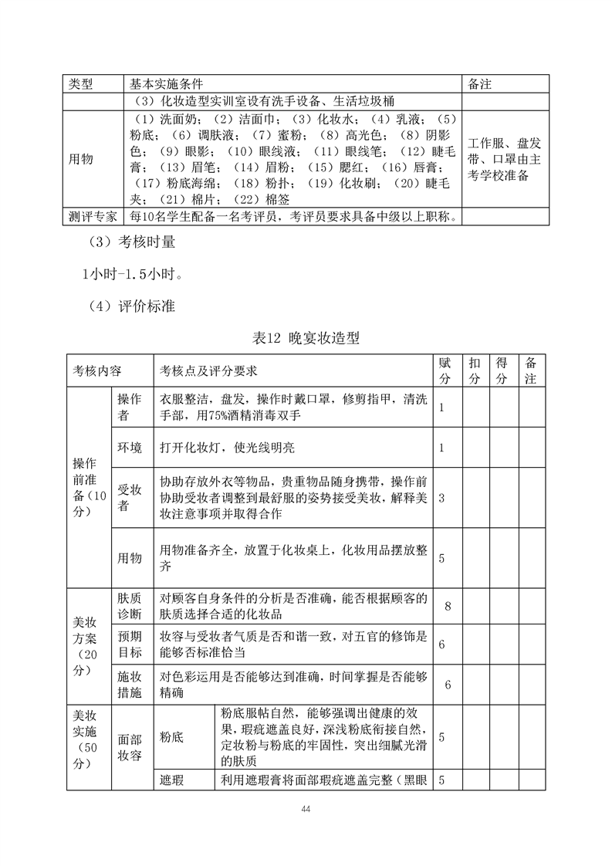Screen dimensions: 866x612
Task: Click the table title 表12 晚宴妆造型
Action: pyautogui.click(x=306, y=337)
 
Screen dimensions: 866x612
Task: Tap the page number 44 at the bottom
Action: pyautogui.click(x=306, y=808)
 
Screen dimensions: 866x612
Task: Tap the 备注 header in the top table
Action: pyautogui.click(x=480, y=83)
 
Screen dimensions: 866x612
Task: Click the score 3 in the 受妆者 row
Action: pyautogui.click(x=441, y=498)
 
